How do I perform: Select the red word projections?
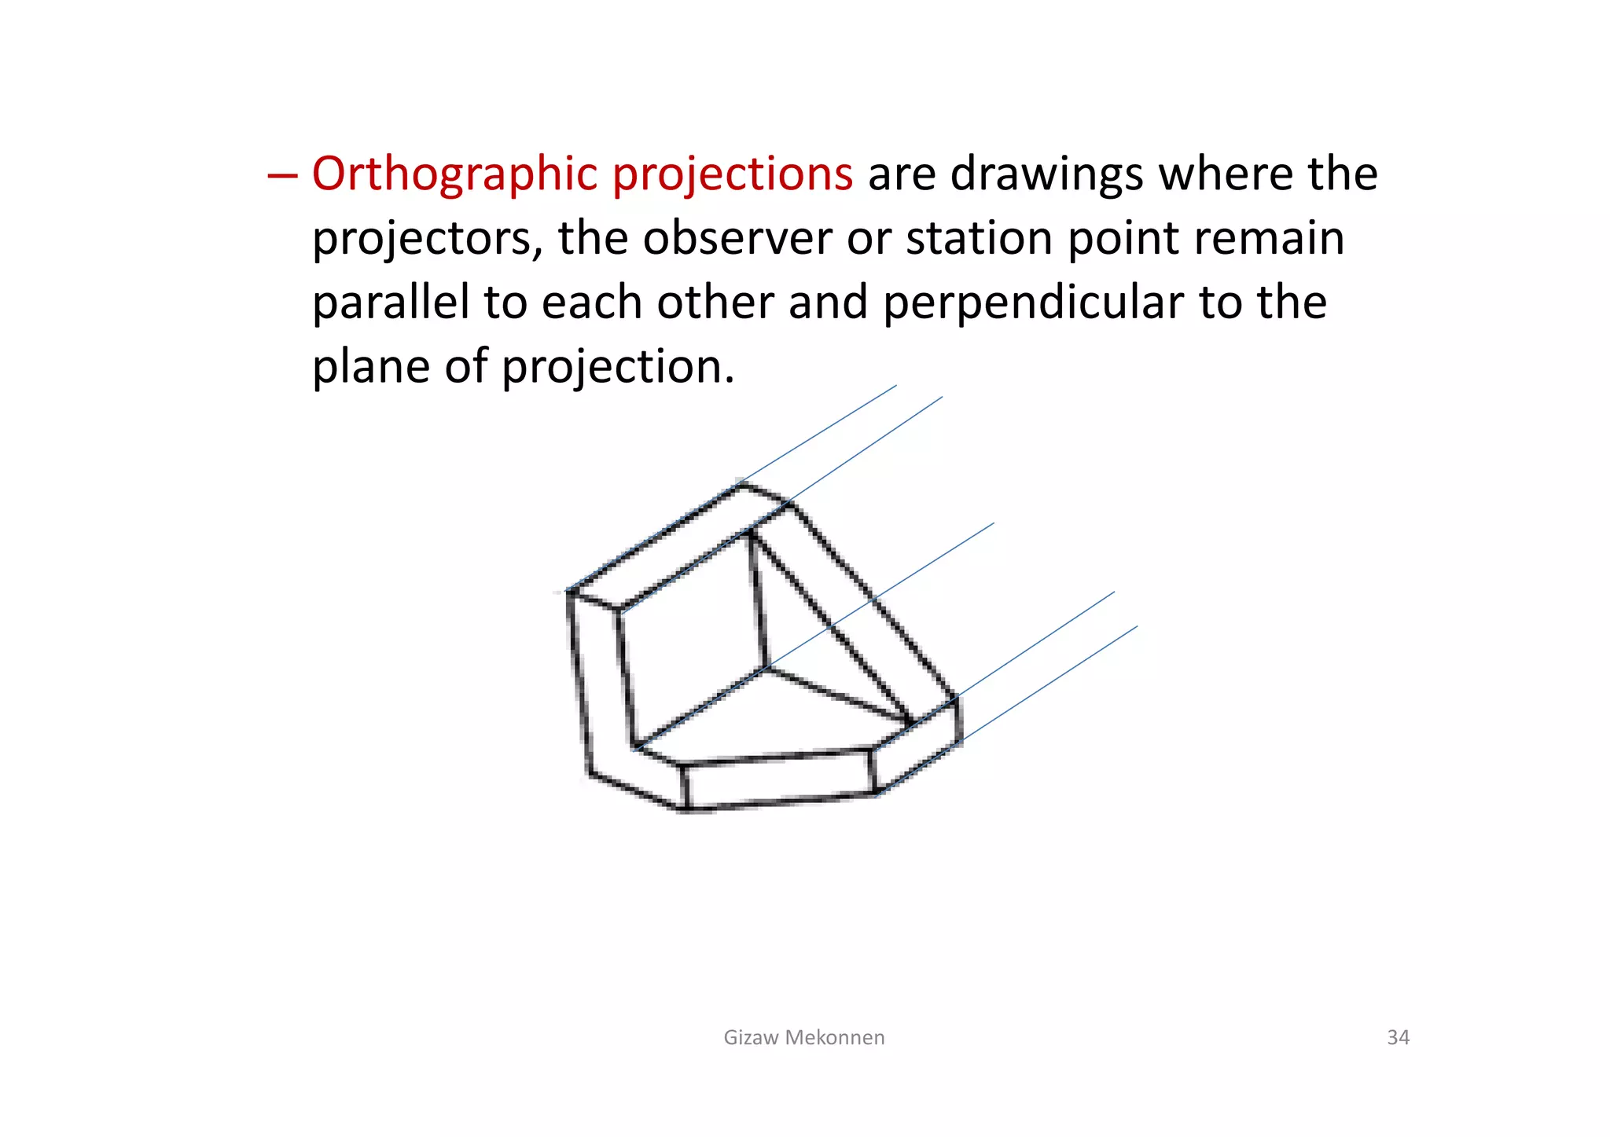coord(732,174)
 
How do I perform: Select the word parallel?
coord(390,303)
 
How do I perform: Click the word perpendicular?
coord(1033,303)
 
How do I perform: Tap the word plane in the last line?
coord(370,367)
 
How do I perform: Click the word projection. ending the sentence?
coord(618,367)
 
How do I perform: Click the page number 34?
coord(1398,1037)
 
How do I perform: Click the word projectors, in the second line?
coord(428,238)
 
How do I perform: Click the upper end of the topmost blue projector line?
coord(895,386)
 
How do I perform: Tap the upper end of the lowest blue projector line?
coord(1136,627)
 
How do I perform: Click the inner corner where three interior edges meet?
coord(765,669)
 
